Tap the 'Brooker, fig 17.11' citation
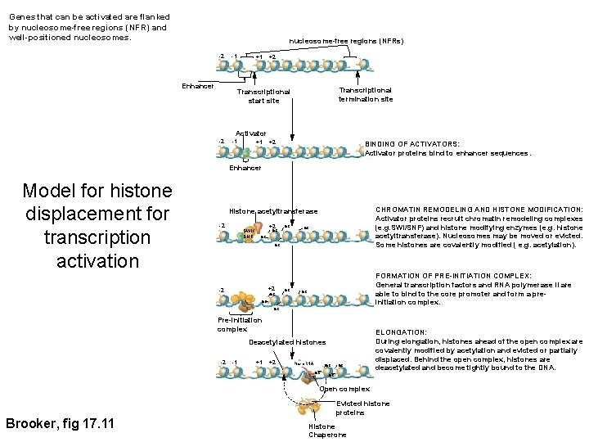(60, 423)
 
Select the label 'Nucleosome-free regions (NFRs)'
(347, 41)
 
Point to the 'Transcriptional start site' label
(263, 97)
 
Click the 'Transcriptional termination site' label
(366, 94)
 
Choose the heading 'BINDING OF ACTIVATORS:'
(412, 143)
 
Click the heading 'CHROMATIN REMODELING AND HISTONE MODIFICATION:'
(479, 210)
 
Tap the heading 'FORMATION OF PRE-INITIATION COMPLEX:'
(452, 276)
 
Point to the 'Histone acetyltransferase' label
(273, 211)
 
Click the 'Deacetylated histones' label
(287, 342)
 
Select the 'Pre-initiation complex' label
(236, 324)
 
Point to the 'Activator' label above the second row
(250, 133)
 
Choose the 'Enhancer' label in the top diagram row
(197, 86)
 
